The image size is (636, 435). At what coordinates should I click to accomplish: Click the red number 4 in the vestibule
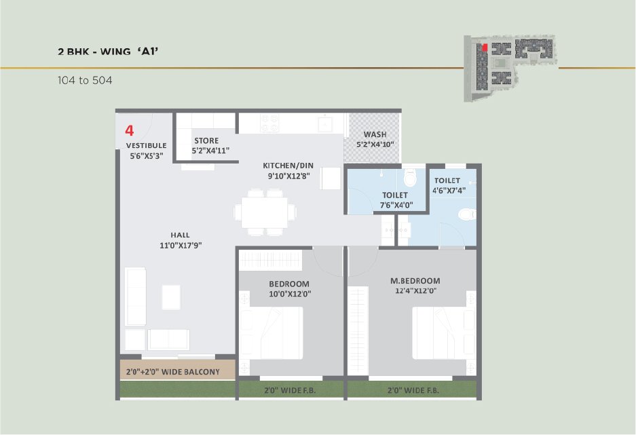130,130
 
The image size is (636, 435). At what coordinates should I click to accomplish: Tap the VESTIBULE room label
147,145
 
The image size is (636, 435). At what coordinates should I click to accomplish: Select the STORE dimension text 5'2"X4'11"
210,151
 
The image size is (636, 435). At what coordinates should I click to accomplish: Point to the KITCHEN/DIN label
288,166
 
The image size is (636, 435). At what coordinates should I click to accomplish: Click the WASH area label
375,134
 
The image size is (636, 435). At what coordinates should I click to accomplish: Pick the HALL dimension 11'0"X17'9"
181,245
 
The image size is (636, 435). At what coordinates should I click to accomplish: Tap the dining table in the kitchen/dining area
265,212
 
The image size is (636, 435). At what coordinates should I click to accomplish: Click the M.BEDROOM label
415,280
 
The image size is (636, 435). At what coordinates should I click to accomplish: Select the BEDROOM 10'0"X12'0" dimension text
290,294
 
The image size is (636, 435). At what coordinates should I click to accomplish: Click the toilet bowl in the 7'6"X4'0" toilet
410,176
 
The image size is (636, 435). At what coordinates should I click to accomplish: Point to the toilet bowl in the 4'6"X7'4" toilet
467,214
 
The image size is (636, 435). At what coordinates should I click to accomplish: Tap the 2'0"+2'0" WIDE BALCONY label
173,372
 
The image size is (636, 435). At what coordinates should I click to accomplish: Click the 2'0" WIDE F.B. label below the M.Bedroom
413,390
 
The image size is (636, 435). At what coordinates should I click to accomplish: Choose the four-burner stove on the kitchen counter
269,123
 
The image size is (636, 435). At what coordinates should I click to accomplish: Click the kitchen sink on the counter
325,123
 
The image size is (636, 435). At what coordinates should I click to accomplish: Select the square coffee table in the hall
172,297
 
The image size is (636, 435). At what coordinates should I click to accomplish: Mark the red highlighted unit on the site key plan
485,47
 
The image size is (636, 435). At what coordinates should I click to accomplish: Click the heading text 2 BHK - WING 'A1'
108,52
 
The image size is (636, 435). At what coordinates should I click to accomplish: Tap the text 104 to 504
85,80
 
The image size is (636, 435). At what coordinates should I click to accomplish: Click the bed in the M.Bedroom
444,333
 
